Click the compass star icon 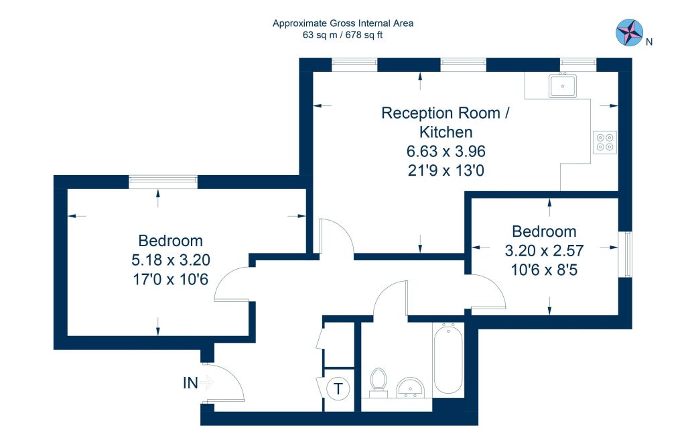pos(629,32)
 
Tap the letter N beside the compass pos(649,42)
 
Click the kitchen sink pos(563,86)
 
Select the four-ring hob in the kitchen pos(605,142)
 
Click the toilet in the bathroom pos(379,382)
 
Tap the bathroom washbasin pos(411,387)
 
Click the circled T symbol pos(338,388)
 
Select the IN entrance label pos(190,383)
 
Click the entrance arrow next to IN pos(207,382)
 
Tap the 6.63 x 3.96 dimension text pos(445,151)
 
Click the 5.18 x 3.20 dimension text pos(171,260)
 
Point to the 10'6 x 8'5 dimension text pos(544,270)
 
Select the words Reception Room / pos(445,113)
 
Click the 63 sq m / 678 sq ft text pos(342,35)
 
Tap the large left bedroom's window pos(163,182)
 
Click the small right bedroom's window pos(625,254)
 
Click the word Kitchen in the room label pos(445,132)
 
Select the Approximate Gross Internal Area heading pos(343,23)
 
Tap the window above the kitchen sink pos(578,64)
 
